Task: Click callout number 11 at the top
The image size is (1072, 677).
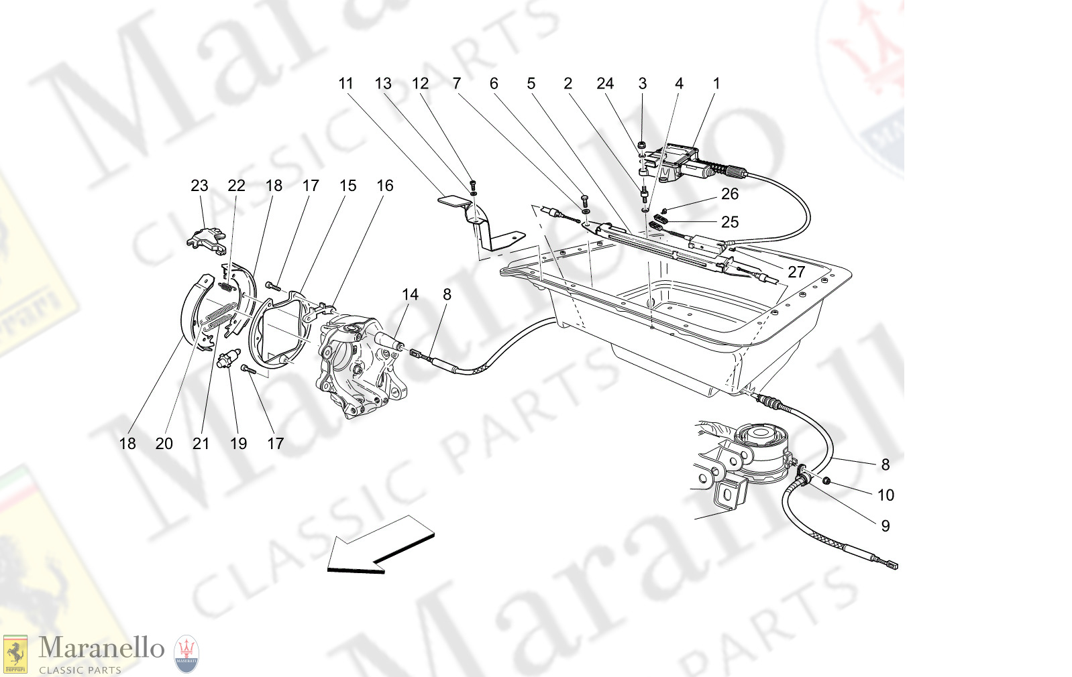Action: (x=345, y=84)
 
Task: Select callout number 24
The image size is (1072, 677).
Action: (x=605, y=84)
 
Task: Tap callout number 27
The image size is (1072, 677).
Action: (x=796, y=272)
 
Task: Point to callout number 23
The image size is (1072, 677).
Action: (x=199, y=186)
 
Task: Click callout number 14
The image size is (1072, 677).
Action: (x=410, y=295)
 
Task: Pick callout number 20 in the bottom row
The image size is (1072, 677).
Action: (x=164, y=444)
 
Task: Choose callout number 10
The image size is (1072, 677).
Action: (x=886, y=495)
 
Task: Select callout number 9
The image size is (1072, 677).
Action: (x=886, y=526)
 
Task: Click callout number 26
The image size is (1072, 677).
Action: (x=730, y=194)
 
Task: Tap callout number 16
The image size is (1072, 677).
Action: (x=384, y=186)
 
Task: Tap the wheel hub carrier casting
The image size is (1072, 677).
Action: (x=356, y=365)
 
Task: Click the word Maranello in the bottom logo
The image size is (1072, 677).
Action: (x=101, y=648)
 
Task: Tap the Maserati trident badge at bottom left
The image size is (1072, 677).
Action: (x=186, y=654)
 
